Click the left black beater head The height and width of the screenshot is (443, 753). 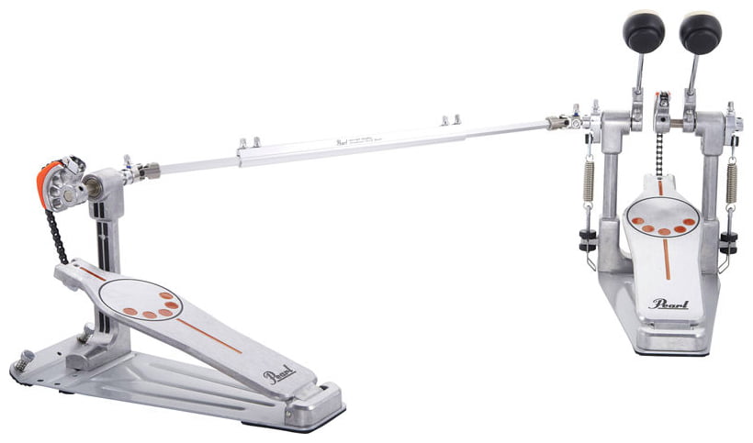(x=644, y=32)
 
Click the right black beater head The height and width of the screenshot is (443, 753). (x=701, y=32)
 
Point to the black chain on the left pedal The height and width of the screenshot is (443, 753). (x=58, y=230)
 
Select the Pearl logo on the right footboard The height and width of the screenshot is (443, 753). (x=669, y=304)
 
